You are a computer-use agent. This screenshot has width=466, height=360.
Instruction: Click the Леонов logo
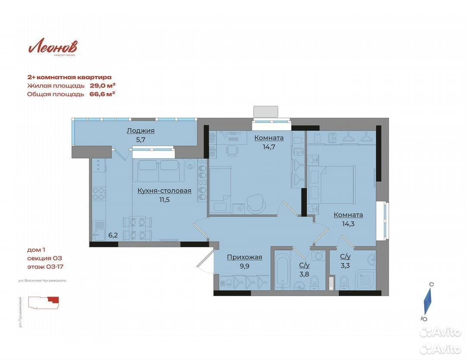[53, 47]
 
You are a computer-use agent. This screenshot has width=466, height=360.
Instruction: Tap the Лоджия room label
[141, 131]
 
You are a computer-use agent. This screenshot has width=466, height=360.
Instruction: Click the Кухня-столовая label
[164, 191]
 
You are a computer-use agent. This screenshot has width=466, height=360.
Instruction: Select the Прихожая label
[245, 257]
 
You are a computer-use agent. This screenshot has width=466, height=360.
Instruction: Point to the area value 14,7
[269, 147]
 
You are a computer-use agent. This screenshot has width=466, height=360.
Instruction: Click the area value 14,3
[348, 224]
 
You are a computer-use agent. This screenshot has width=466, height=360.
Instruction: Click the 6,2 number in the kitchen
[113, 235]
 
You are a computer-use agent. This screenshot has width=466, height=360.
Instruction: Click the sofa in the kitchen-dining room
[158, 171]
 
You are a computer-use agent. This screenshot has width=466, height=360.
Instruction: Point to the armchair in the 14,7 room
[256, 203]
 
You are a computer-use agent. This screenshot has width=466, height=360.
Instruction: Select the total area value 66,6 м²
[102, 94]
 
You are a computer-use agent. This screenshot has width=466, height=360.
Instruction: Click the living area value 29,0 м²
[103, 85]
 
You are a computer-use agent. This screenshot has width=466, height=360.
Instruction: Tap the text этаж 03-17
[45, 267]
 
